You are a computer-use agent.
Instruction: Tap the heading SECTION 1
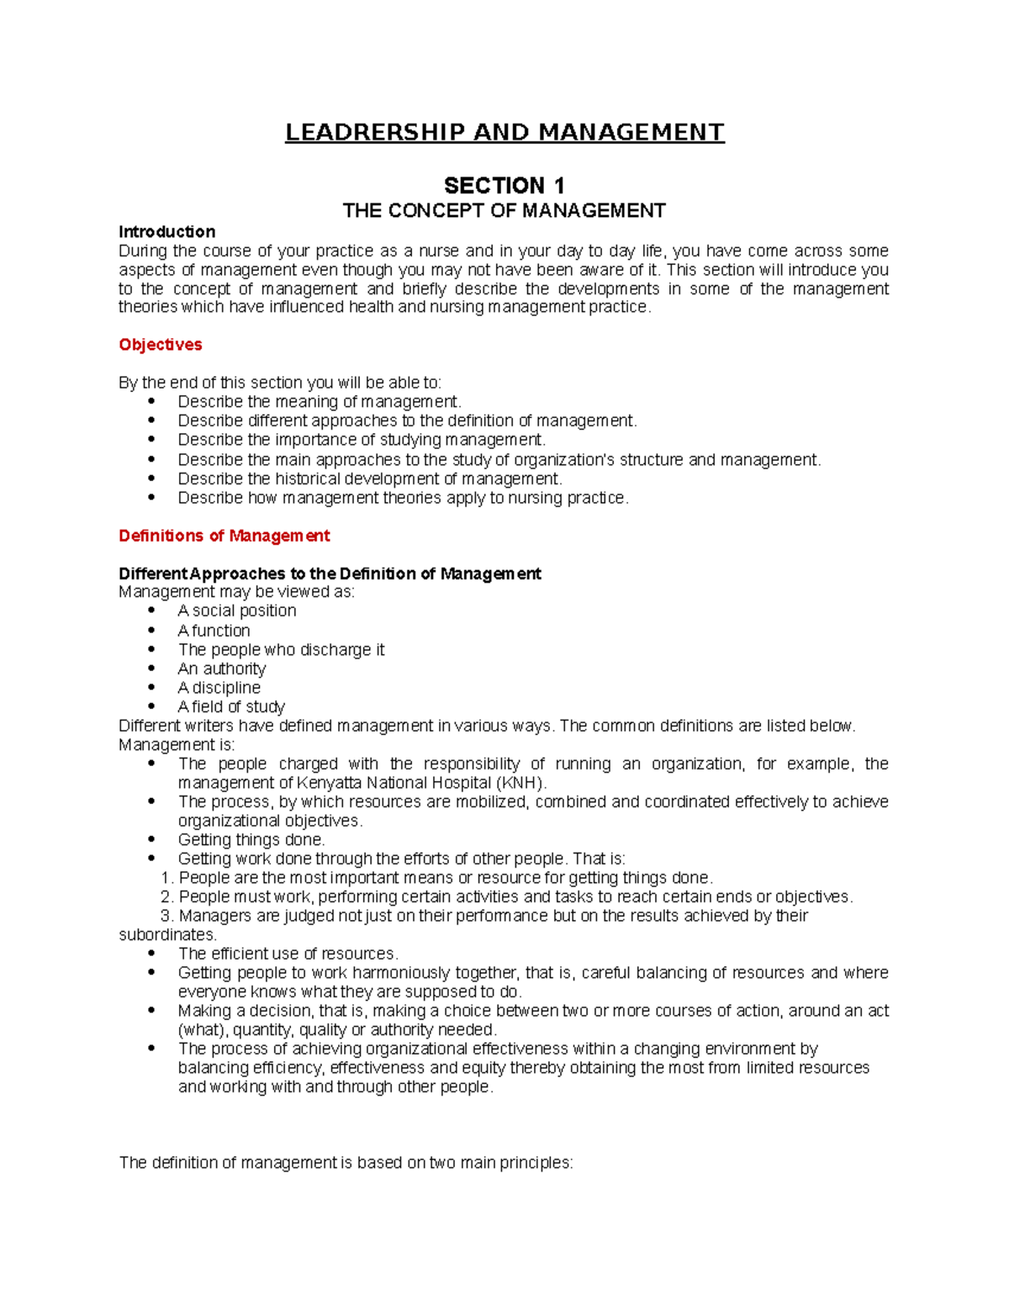(x=504, y=186)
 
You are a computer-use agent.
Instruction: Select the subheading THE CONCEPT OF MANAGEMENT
(x=504, y=210)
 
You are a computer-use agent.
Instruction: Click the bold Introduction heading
(x=166, y=231)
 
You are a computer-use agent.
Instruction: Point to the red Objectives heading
(x=160, y=345)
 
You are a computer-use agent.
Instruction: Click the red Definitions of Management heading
(x=224, y=536)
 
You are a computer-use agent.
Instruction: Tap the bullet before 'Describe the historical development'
(x=151, y=479)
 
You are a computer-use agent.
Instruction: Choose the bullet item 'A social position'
(x=236, y=611)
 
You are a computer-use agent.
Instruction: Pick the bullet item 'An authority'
(x=221, y=669)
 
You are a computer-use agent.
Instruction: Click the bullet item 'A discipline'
(x=219, y=688)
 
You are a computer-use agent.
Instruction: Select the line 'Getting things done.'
(x=251, y=839)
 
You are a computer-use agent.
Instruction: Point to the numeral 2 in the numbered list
(x=166, y=896)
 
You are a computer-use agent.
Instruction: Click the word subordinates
(x=167, y=934)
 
